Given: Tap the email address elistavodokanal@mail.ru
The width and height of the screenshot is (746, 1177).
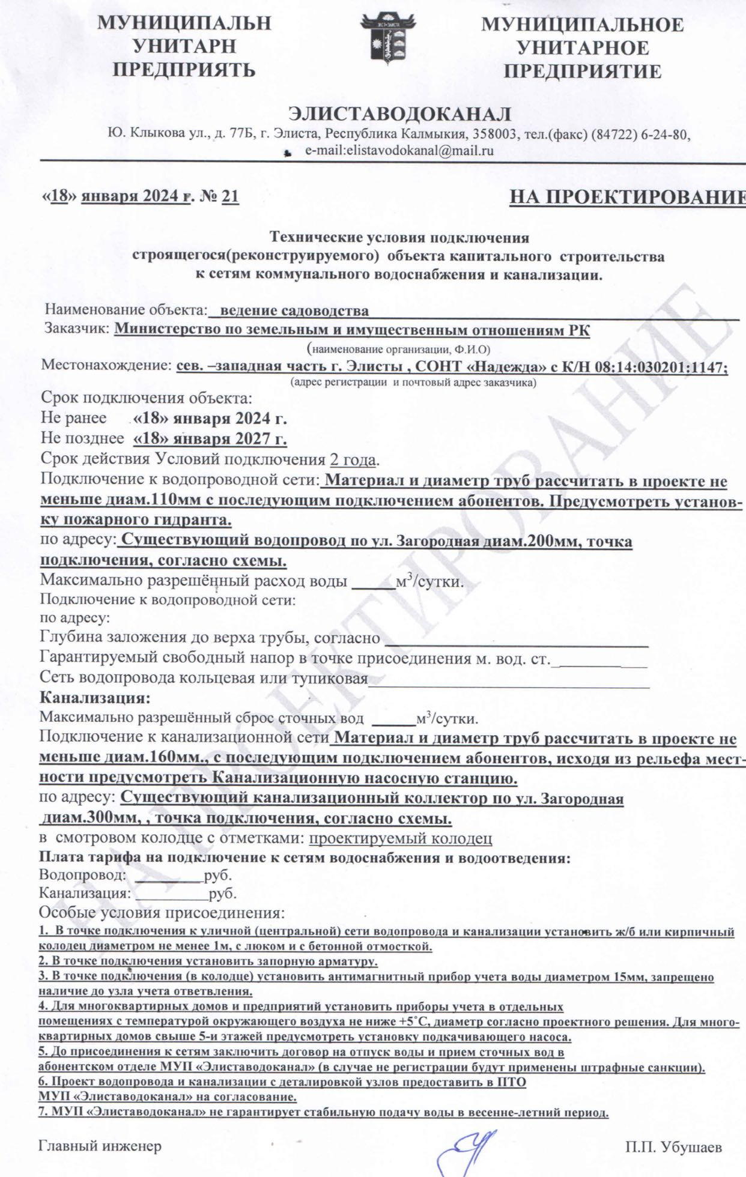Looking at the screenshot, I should pyautogui.click(x=399, y=151).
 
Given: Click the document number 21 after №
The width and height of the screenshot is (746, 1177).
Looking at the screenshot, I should pyautogui.click(x=231, y=196).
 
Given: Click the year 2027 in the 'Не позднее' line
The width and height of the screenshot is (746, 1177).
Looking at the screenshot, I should pyautogui.click(x=253, y=440).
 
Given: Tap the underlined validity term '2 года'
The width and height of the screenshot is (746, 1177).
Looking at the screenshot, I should pyautogui.click(x=353, y=460).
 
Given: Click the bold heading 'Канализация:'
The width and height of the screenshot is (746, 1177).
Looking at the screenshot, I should pyautogui.click(x=94, y=698).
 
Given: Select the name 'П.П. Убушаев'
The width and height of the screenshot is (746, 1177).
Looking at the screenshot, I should pyautogui.click(x=673, y=1148).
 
